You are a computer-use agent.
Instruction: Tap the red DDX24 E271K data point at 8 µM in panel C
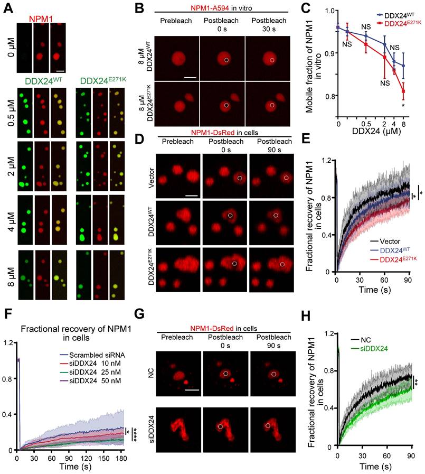click(x=403, y=91)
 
